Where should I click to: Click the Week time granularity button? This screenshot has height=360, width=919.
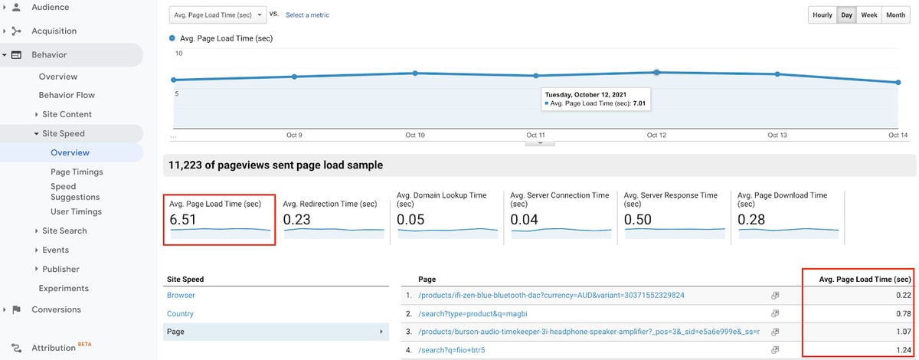[x=869, y=15]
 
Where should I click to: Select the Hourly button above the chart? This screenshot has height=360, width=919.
[x=823, y=15]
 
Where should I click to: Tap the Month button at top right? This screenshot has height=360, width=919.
[x=895, y=15]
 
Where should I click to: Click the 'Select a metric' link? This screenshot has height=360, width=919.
[x=307, y=15]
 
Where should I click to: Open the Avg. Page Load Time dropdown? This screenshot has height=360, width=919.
[x=217, y=15]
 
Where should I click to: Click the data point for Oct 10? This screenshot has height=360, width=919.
[x=415, y=73]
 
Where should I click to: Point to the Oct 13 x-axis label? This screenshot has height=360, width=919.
[x=777, y=135]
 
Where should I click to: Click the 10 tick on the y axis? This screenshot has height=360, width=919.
[x=179, y=54]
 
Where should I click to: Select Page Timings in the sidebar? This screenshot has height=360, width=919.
[x=77, y=172]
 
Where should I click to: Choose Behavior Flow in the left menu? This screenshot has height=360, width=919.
[x=67, y=95]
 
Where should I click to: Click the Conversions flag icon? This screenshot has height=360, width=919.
[x=16, y=309]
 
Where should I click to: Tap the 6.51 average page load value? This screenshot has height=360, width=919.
[x=183, y=220]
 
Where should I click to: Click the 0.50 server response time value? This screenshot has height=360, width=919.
[x=637, y=220]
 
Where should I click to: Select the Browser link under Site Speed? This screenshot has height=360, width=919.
[x=181, y=295]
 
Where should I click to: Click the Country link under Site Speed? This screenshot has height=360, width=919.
[x=180, y=313]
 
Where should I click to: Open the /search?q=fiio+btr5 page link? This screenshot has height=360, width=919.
[x=452, y=350]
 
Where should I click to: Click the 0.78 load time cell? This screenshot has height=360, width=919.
[x=904, y=313]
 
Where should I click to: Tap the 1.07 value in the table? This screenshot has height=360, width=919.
[x=904, y=332]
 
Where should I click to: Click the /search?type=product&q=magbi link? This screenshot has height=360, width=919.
[x=473, y=313]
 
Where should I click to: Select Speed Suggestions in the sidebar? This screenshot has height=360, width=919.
[x=75, y=191]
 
